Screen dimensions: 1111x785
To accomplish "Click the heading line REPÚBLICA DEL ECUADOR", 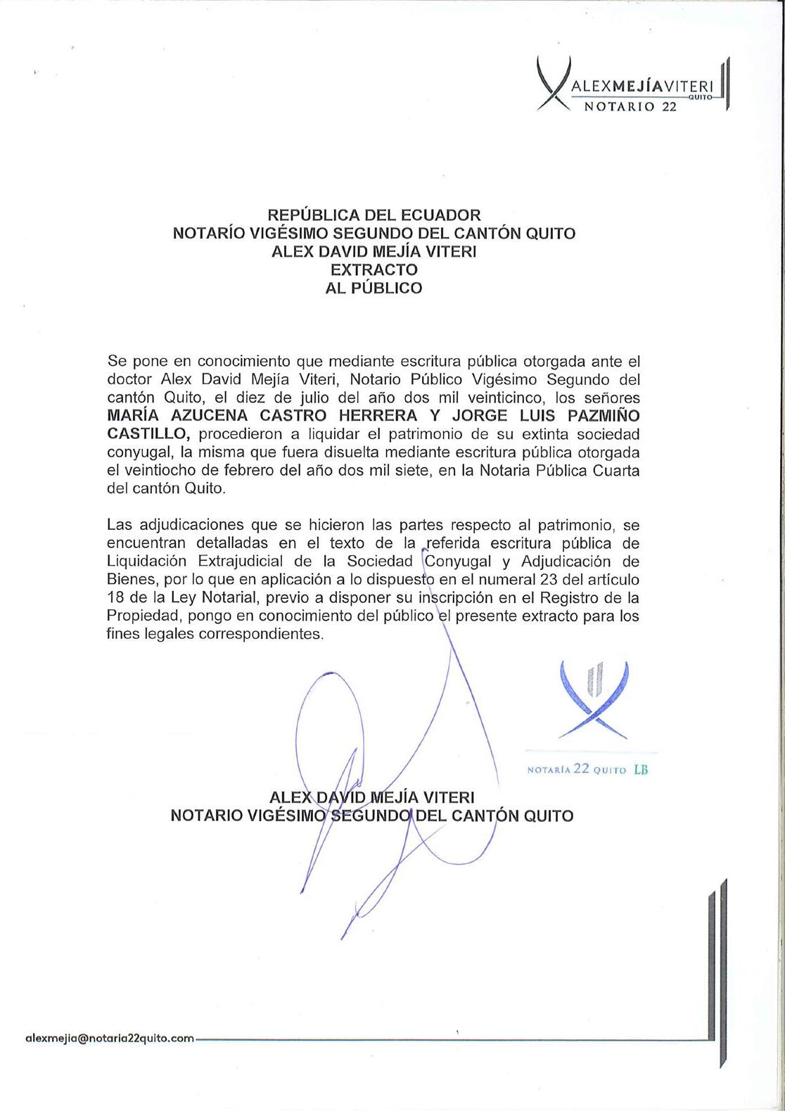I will click(374, 215).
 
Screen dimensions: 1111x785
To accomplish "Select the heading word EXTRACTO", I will click(374, 269).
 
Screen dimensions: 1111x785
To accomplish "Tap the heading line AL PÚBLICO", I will click(374, 288).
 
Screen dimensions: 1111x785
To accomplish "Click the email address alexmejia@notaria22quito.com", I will click(109, 1038).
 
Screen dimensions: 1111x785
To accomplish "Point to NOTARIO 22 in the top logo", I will click(630, 106).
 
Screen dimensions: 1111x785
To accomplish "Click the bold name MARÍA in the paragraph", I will click(134, 416).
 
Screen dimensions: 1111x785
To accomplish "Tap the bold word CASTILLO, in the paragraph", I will click(148, 434).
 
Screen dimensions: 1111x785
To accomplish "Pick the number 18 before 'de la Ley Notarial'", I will click(116, 598).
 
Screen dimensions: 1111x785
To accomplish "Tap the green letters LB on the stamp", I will click(641, 769).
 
